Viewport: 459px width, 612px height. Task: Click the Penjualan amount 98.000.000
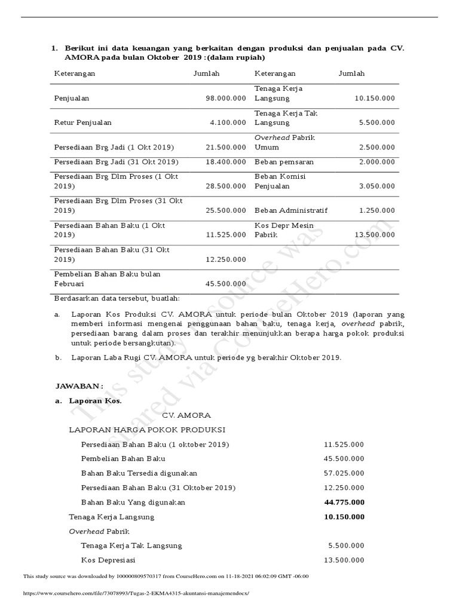pyautogui.click(x=225, y=98)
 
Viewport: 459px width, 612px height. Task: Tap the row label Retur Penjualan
pyautogui.click(x=83, y=123)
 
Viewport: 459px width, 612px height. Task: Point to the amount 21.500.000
pyautogui.click(x=225, y=147)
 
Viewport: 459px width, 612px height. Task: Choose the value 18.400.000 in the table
pyautogui.click(x=225, y=162)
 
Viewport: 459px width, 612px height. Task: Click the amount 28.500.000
pyautogui.click(x=225, y=186)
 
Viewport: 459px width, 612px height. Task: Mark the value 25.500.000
pyautogui.click(x=225, y=210)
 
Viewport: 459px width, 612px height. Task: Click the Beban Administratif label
pyautogui.click(x=291, y=210)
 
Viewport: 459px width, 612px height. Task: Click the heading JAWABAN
pyautogui.click(x=79, y=386)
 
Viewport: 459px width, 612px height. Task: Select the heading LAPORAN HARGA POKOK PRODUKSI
pyautogui.click(x=147, y=430)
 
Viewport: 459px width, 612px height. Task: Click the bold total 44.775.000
pyautogui.click(x=344, y=503)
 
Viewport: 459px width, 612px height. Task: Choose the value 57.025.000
pyautogui.click(x=344, y=473)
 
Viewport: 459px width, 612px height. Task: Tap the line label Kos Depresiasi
pyautogui.click(x=108, y=560)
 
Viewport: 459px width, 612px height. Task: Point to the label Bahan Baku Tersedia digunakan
pyautogui.click(x=139, y=473)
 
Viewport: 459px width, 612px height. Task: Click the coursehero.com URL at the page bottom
pyautogui.click(x=135, y=593)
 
